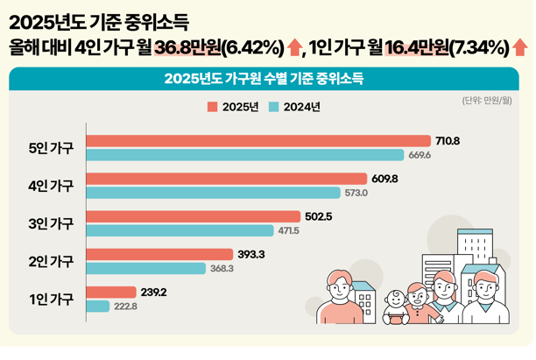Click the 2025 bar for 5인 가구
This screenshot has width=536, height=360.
[x=259, y=140]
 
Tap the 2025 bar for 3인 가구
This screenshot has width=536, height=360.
[x=194, y=216]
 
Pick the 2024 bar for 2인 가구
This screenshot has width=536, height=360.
[x=147, y=268]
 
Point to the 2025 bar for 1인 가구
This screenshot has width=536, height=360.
[x=112, y=292]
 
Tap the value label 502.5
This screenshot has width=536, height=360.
[x=317, y=216]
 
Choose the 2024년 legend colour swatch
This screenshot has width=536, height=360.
[x=273, y=107]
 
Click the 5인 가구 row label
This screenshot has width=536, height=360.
[x=52, y=148]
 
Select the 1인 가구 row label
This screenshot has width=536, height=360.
[x=52, y=299]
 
